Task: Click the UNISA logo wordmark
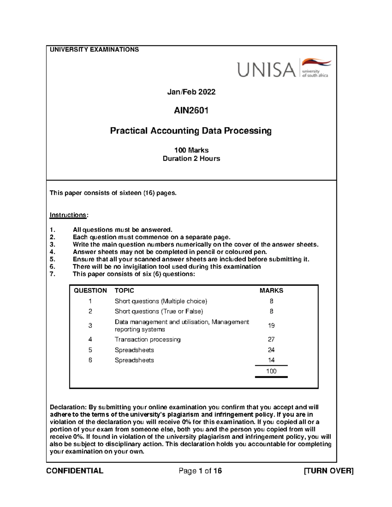(x=266, y=70)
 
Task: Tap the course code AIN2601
(x=191, y=111)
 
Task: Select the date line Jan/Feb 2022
(x=191, y=92)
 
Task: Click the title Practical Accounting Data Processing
(x=191, y=131)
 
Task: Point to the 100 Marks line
(x=191, y=150)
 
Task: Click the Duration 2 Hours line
(x=191, y=159)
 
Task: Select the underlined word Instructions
(x=68, y=215)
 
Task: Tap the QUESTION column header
(x=90, y=291)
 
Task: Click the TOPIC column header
(x=124, y=291)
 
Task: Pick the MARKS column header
(x=271, y=291)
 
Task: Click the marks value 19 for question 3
(x=271, y=325)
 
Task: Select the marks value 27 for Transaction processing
(x=271, y=340)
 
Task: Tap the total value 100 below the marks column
(x=271, y=371)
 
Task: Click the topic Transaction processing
(x=147, y=340)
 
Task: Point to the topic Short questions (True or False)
(x=158, y=311)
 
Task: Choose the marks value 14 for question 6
(x=271, y=360)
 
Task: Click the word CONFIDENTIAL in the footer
(x=75, y=471)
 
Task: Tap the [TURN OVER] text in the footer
(x=329, y=471)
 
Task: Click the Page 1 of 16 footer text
(x=200, y=471)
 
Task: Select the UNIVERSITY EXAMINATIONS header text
(x=94, y=50)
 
